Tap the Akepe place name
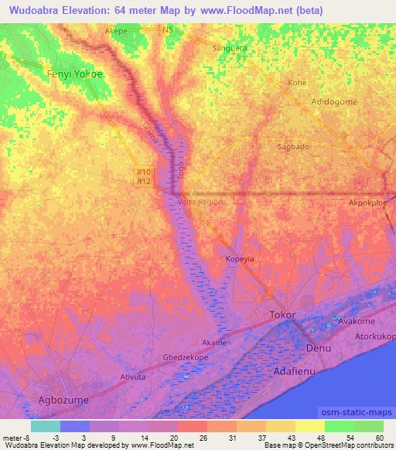116,32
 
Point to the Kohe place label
297,81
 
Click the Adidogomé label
334,101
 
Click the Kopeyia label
240,259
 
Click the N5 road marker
169,29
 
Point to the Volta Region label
200,202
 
